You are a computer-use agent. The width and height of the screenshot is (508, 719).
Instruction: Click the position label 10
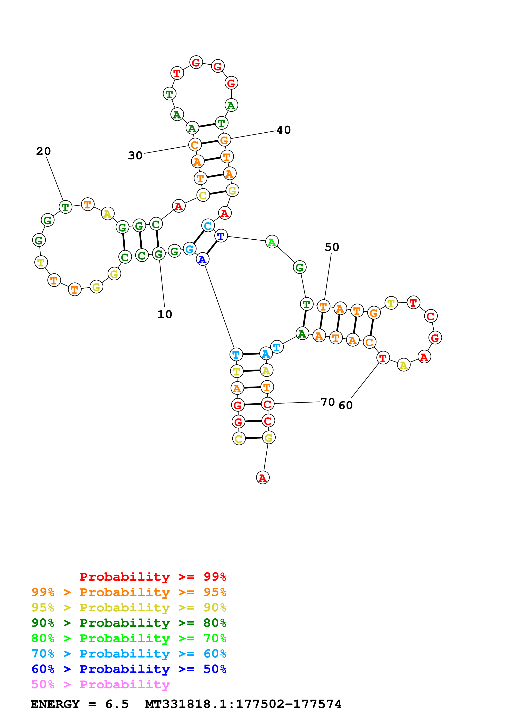[x=165, y=314]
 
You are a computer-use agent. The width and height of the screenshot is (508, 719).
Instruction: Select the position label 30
[x=135, y=155]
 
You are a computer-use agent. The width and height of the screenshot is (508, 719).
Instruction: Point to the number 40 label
[x=284, y=130]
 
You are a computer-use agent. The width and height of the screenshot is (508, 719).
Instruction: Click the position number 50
[x=332, y=247]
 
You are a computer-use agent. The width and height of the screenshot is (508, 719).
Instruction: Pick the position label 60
[x=345, y=405]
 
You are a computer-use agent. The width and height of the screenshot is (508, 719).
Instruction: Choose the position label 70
[x=328, y=402]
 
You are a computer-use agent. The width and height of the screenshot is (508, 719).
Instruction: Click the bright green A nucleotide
[x=272, y=242]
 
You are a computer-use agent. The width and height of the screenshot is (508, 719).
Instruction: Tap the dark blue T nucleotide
[x=221, y=236]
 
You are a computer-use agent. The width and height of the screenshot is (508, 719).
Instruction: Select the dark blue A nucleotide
[x=202, y=259]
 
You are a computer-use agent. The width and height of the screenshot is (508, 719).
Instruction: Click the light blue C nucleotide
[x=208, y=225]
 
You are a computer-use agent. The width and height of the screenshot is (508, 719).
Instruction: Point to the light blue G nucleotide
[x=189, y=249]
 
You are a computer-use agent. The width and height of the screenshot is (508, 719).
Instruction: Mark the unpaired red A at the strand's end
[x=263, y=478]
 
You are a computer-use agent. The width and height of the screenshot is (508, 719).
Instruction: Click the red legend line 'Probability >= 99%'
[x=153, y=577]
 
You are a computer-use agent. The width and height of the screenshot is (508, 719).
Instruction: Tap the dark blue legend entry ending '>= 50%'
[x=129, y=669]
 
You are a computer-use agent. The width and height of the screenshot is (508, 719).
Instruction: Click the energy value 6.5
[x=117, y=704]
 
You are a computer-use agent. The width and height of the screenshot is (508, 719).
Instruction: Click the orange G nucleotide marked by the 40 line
[x=224, y=140]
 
